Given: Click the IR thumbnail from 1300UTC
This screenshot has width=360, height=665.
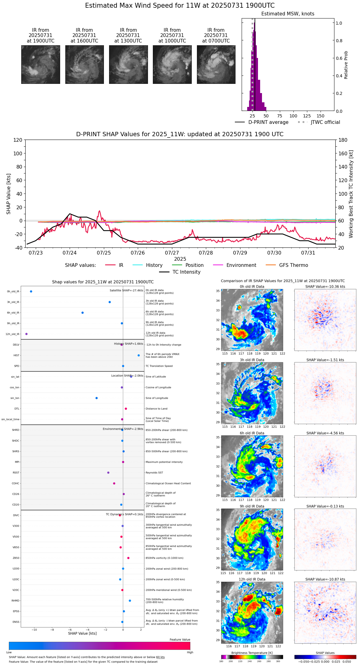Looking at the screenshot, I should pos(128,64).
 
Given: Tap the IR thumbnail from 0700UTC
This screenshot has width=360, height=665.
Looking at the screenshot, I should pos(216,64).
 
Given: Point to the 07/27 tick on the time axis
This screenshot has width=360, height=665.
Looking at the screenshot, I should pos(172,253).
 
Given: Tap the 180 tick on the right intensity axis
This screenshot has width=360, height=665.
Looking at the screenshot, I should pos(343,140).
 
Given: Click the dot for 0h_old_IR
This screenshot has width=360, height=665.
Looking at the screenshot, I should pos(31,292).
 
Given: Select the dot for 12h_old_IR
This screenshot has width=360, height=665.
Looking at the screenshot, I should pos(27,334).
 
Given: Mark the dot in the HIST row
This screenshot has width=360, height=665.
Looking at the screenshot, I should pos(139,355).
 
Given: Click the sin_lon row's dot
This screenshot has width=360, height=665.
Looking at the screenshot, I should pos(97,398).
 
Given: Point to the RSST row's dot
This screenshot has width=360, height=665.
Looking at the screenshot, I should pos(108,473).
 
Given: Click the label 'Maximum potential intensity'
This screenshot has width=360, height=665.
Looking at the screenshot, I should pos(164,462).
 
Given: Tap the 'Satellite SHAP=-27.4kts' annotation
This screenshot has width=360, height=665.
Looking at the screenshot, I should pos(126,291).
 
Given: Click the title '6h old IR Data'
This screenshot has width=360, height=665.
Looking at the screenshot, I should pos(252,433).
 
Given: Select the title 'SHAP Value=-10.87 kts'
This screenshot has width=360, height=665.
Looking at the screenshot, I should pos(325,579).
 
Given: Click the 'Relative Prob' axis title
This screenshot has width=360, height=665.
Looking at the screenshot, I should pos(346,65).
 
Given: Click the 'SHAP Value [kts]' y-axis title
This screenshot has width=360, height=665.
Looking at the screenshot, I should pos(9,194).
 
